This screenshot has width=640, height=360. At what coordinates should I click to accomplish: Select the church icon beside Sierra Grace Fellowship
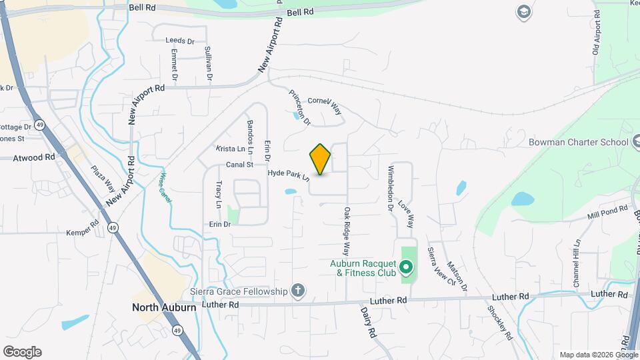pos(297,291)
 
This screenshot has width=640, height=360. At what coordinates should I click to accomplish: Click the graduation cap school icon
pos(523,12)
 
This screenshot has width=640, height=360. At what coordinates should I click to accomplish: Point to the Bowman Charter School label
pos(578,142)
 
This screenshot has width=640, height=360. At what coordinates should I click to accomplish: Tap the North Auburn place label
pos(163,307)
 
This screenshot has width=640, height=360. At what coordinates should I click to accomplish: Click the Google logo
pos(22,352)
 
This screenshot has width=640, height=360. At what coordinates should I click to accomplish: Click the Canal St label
pos(240,164)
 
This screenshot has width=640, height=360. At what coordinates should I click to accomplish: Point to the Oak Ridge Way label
pos(347,231)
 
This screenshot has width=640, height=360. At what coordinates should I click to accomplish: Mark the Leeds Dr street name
pos(180,41)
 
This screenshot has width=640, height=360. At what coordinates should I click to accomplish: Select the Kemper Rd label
pos(82,233)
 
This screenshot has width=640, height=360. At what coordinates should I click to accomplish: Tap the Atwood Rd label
pos(36,158)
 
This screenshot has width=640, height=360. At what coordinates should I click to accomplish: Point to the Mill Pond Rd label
pos(607,213)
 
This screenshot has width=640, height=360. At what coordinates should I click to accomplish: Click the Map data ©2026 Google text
pos(598,355)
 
